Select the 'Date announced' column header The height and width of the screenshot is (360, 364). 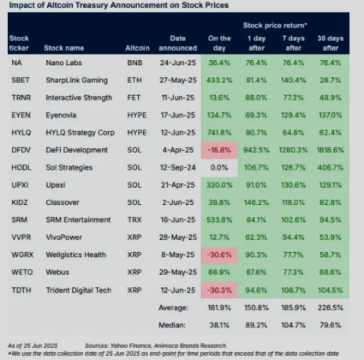(183, 43)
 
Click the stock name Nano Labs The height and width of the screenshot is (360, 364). (64, 63)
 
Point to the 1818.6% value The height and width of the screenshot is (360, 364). (330, 150)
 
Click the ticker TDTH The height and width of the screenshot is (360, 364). (20, 290)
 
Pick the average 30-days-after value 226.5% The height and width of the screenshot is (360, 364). (330, 308)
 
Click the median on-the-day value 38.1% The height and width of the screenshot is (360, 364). (219, 326)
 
